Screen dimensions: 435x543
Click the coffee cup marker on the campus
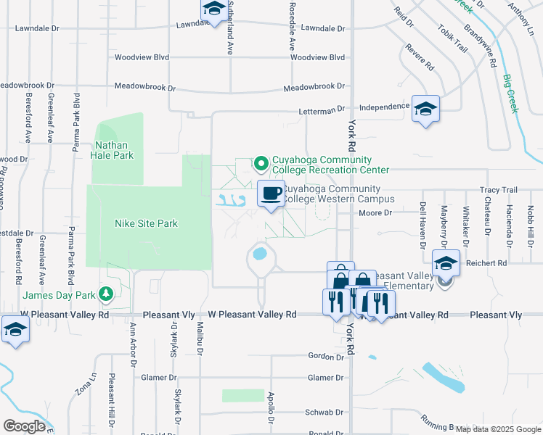coord(271,194)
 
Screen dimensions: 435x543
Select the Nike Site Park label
coord(146,223)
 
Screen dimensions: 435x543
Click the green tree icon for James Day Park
coord(107,294)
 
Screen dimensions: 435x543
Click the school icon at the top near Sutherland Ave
coord(213,9)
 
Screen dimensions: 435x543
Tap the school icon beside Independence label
coord(425,109)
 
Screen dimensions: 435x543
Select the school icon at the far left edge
coord(15,330)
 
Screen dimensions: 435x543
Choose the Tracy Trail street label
coord(498,190)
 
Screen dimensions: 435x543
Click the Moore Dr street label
coord(375,213)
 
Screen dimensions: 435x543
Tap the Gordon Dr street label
coord(324,356)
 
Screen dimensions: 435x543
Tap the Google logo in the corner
coord(25,426)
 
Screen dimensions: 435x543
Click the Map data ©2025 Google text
coord(499,428)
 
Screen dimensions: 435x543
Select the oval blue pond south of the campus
coord(259,254)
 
